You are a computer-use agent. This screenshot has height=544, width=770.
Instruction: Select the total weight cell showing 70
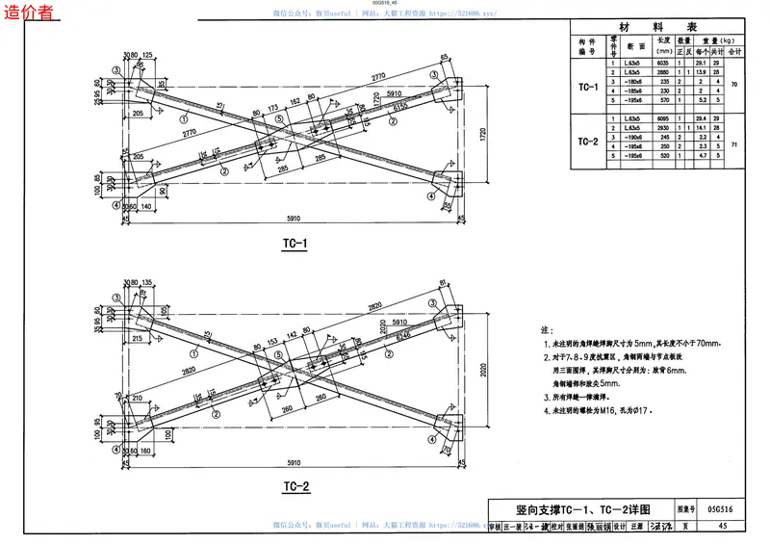(x=734, y=86)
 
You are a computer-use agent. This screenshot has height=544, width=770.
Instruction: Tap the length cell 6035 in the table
(x=662, y=65)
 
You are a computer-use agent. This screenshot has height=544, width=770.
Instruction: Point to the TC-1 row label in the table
(x=588, y=87)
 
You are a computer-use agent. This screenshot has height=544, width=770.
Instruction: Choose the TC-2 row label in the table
(x=588, y=142)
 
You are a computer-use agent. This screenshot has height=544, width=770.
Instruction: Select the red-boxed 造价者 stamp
(x=29, y=13)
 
